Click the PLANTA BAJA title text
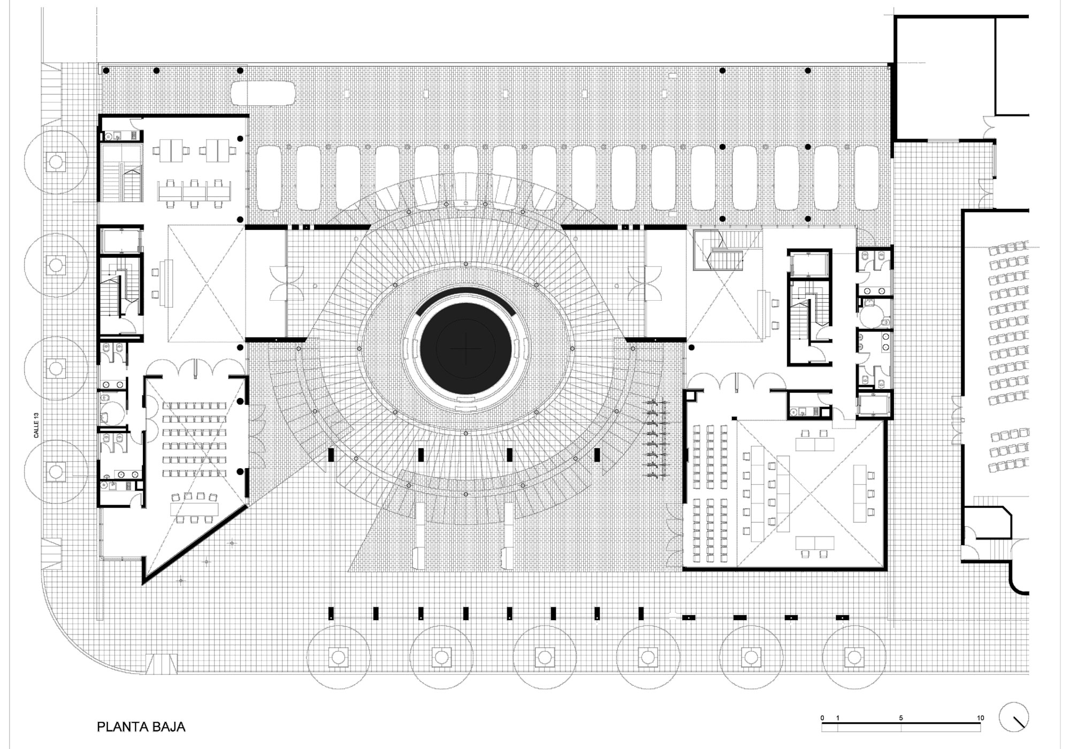pos(141,727)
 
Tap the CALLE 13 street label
pos(36,425)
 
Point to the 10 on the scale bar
pos(980,718)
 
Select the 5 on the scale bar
pos(901,718)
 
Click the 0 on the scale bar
pos(822,718)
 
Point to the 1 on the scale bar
pos(838,718)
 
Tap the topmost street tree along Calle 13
pos(56,162)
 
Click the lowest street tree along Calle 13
pos(56,471)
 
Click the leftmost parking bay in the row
pos(269,178)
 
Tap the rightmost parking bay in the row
pos(867,178)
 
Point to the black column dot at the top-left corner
pos(106,71)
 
